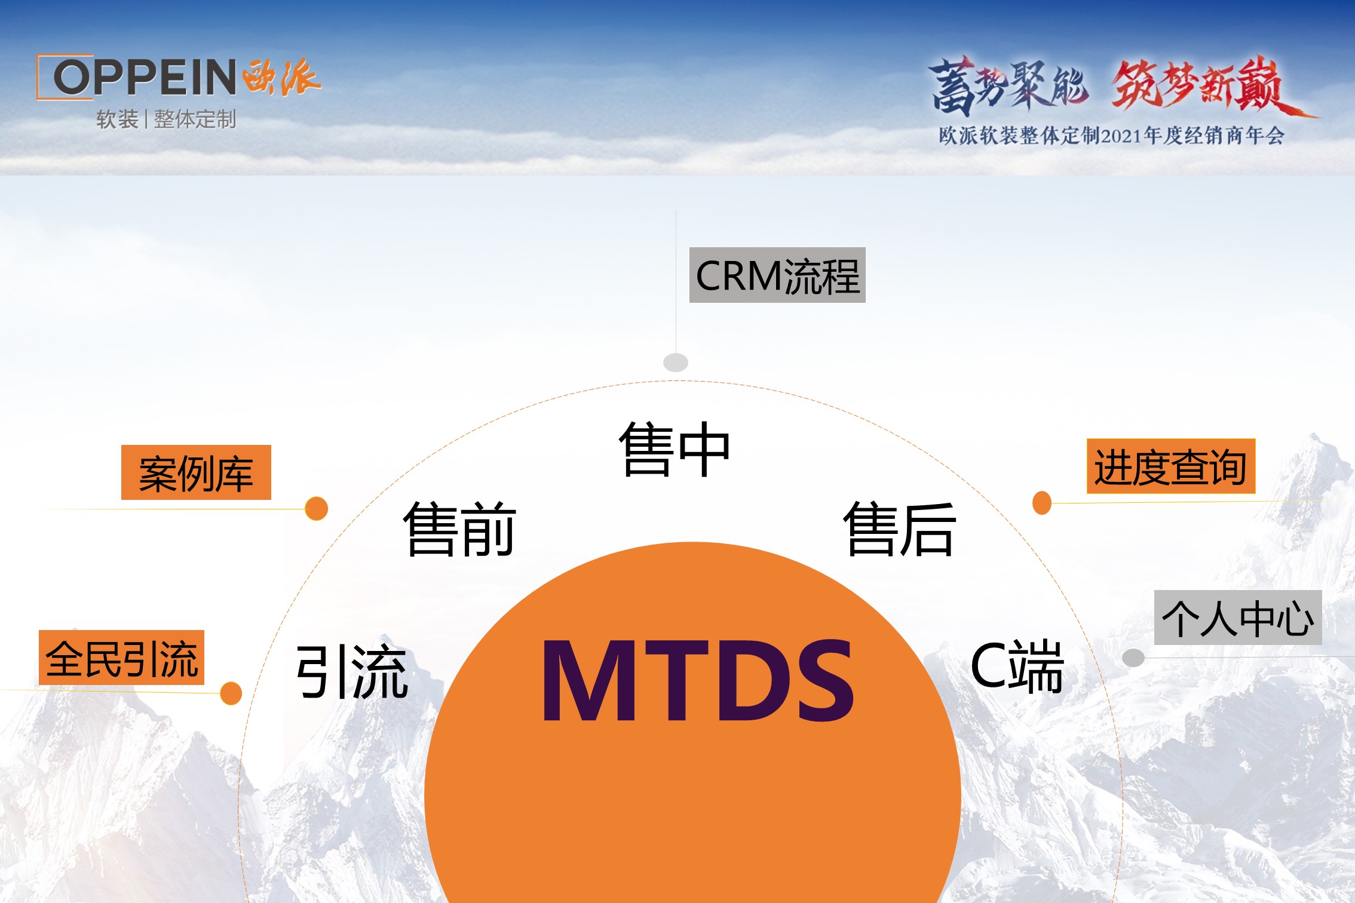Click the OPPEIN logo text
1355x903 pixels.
[145, 77]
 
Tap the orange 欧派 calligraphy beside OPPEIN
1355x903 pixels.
[282, 77]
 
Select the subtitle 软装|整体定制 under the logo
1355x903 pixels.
[166, 119]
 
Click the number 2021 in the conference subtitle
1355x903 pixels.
[1121, 136]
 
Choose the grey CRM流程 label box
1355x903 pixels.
[777, 275]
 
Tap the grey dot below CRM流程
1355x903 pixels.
[676, 363]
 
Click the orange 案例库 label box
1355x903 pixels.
[196, 472]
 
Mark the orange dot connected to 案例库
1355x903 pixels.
[316, 509]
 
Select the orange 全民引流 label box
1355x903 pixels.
[121, 658]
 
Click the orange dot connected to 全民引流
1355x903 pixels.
[231, 693]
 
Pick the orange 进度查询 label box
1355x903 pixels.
[1171, 466]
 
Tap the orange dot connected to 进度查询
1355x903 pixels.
[1042, 503]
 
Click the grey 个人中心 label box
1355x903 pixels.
[1238, 618]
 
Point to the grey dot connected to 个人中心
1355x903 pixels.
[1133, 658]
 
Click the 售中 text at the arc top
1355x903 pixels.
[675, 449]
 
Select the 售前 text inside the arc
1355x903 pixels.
[459, 529]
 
